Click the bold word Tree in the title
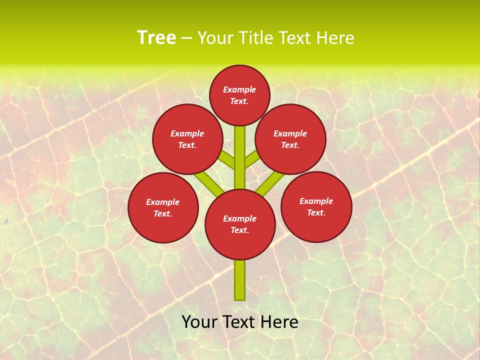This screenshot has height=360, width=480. click(156, 38)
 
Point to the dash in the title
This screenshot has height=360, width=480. click(186, 38)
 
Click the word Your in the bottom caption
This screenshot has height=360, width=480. click(199, 322)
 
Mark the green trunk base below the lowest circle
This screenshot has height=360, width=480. click(240, 280)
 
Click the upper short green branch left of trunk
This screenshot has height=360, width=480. click(227, 160)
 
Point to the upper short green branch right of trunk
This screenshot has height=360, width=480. click(251, 160)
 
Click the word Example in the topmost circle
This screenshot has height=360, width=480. click(239, 90)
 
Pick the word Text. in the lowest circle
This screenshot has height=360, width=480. click(239, 230)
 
